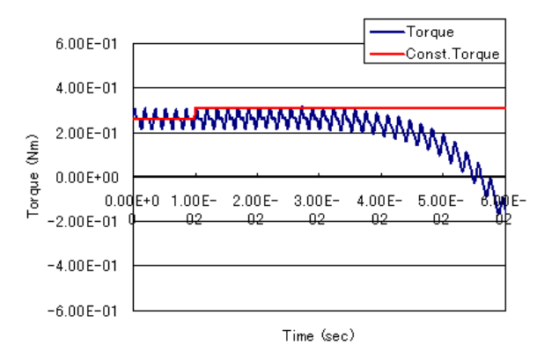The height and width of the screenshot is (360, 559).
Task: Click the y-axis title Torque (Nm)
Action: [33, 176]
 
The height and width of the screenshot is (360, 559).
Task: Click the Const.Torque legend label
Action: [452, 53]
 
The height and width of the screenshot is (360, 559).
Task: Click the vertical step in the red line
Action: [195, 113]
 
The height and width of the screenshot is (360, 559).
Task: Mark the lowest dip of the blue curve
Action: [499, 212]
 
